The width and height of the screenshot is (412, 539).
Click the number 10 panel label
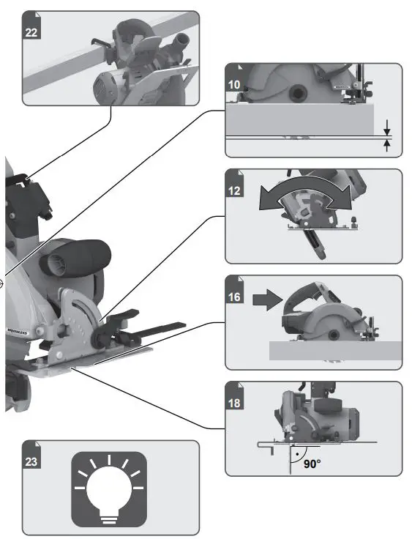click(235, 85)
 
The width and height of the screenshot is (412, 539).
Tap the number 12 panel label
click(235, 190)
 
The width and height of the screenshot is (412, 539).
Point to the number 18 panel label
click(235, 401)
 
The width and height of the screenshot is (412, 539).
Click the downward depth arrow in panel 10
click(387, 127)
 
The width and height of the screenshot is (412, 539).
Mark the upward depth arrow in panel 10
click(387, 146)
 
